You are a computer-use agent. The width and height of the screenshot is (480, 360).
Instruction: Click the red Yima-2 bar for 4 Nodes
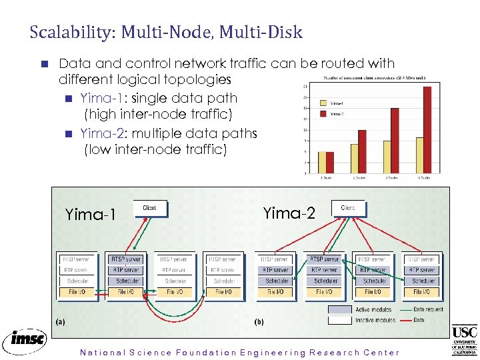pyautogui.click(x=427, y=130)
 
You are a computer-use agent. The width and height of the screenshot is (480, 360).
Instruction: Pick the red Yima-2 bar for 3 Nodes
pyautogui.click(x=395, y=141)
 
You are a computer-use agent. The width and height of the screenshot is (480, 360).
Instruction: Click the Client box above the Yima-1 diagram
pyautogui.click(x=150, y=208)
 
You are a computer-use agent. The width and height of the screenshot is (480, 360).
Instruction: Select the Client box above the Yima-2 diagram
pyautogui.click(x=348, y=208)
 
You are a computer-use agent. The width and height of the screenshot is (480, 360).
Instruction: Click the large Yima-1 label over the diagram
pyautogui.click(x=91, y=215)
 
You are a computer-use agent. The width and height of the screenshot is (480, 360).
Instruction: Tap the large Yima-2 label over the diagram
pyautogui.click(x=288, y=213)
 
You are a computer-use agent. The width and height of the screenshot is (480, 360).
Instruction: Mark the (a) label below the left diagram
pyautogui.click(x=60, y=321)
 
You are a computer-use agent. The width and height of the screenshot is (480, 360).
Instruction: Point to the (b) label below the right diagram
pyautogui.click(x=259, y=321)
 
